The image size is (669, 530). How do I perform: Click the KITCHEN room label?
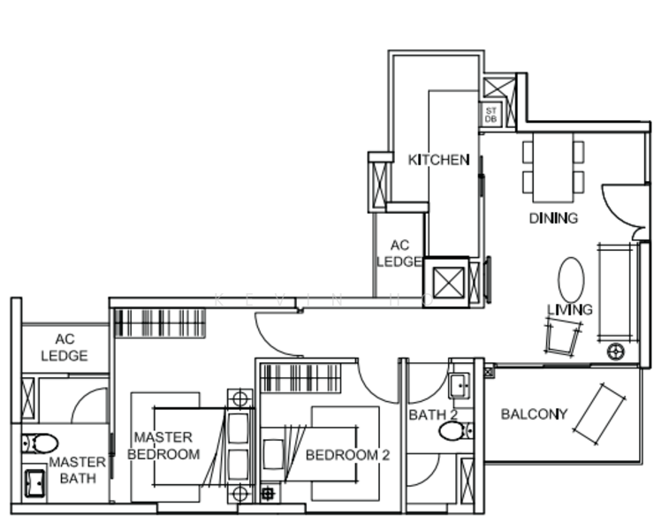(x=438, y=160)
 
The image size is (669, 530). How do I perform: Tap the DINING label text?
(x=553, y=218)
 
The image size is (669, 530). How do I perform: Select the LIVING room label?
(x=569, y=310)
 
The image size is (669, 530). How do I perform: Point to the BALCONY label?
(x=534, y=413)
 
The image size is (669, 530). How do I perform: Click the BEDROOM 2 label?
(x=347, y=455)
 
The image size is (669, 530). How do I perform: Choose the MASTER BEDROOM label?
(x=163, y=446)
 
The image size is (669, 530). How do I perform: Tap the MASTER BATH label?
(x=77, y=470)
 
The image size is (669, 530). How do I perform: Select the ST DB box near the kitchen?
(x=490, y=114)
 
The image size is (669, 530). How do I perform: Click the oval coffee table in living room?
(x=571, y=280)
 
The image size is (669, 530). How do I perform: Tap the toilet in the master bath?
(x=39, y=443)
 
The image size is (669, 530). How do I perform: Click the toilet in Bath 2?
(x=455, y=431)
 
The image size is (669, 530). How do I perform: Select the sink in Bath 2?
(x=459, y=385)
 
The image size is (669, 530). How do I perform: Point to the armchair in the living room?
(x=563, y=336)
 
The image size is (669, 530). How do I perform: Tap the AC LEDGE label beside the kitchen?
(x=399, y=254)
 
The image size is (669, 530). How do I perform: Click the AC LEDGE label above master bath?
(x=65, y=347)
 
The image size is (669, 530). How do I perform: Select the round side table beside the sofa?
(x=616, y=352)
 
